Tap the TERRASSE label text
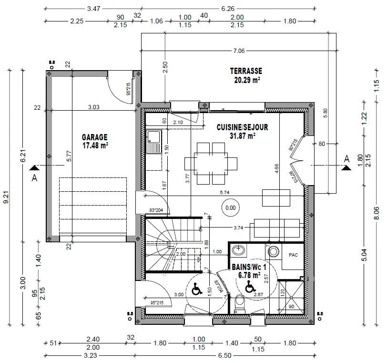pos(246,71)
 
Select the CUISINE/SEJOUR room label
pos(242,127)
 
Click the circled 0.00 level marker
pos(231,208)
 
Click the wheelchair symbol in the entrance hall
pos(196,289)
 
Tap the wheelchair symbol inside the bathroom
pos(249,287)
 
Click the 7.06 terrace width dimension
pos(238,51)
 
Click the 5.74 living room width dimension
pos(226,193)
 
